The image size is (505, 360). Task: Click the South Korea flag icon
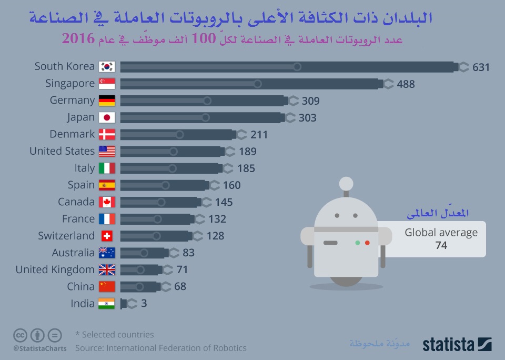coord(107,67)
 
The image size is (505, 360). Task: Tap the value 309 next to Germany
coord(310,101)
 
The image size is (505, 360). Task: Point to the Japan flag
coord(107,117)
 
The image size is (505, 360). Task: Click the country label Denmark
coord(72,134)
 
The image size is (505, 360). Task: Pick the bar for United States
coord(171,152)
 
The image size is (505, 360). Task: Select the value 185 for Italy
coord(246,168)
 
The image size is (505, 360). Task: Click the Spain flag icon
coord(107,185)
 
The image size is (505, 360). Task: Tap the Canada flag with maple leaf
coord(107,202)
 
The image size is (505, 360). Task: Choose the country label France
coord(78,219)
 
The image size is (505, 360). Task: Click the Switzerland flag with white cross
coord(107,236)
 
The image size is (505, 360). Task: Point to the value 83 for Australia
coord(188,253)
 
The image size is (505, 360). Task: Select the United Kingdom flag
coord(107,270)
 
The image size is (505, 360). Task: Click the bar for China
coord(140,287)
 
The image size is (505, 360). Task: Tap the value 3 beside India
coord(144,304)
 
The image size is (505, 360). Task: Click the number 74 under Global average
coord(441,245)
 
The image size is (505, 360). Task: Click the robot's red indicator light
coord(367,243)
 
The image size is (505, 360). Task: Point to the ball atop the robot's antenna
coord(346,183)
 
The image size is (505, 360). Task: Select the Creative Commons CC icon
coord(21,335)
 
